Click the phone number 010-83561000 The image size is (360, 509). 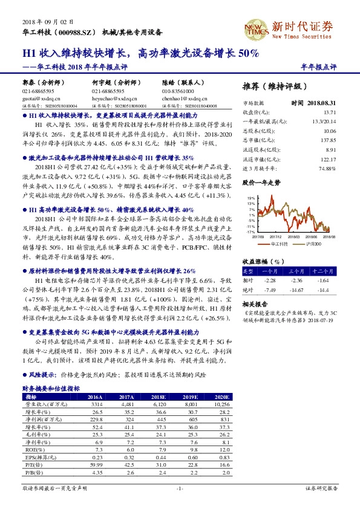point(177,89)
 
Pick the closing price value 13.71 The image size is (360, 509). point(329,112)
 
